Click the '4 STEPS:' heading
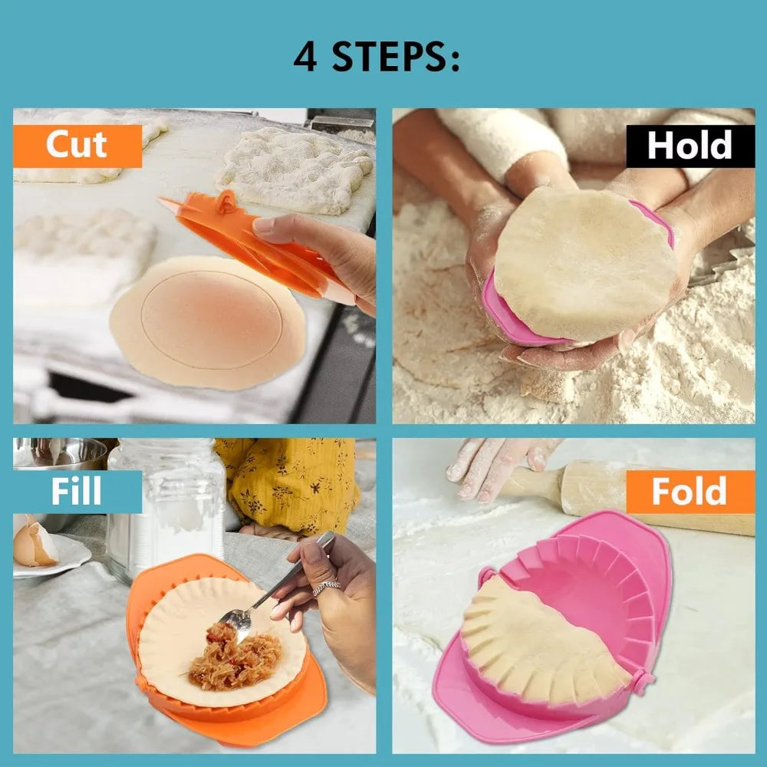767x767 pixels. point(377,58)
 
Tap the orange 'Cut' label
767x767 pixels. point(77,145)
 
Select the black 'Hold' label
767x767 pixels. point(690,145)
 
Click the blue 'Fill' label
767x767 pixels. point(77,491)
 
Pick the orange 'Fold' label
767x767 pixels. point(690,491)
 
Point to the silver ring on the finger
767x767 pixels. point(325,588)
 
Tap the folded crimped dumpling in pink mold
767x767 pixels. point(537,644)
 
